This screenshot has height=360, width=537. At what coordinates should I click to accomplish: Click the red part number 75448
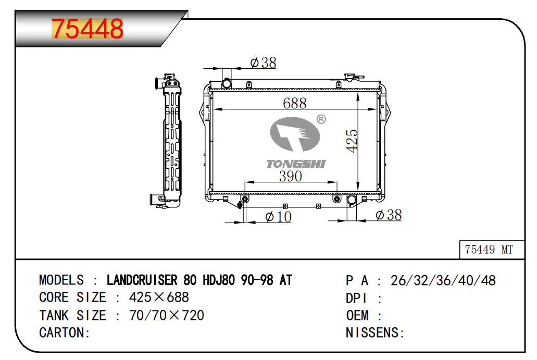click(x=87, y=29)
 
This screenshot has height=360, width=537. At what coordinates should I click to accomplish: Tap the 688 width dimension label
click(x=294, y=103)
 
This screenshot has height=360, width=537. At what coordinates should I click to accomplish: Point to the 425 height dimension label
click(x=352, y=141)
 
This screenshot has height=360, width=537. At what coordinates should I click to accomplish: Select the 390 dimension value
click(x=291, y=176)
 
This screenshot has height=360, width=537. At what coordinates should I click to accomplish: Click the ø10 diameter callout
click(x=278, y=217)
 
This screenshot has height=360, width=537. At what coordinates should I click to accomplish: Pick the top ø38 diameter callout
click(x=263, y=63)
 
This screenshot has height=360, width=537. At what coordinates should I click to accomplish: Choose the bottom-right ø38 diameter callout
click(x=389, y=215)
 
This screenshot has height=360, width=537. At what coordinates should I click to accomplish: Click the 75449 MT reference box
click(x=492, y=250)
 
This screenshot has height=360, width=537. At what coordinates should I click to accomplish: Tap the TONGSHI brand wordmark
click(x=296, y=164)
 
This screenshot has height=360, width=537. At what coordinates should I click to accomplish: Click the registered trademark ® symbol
click(x=321, y=119)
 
